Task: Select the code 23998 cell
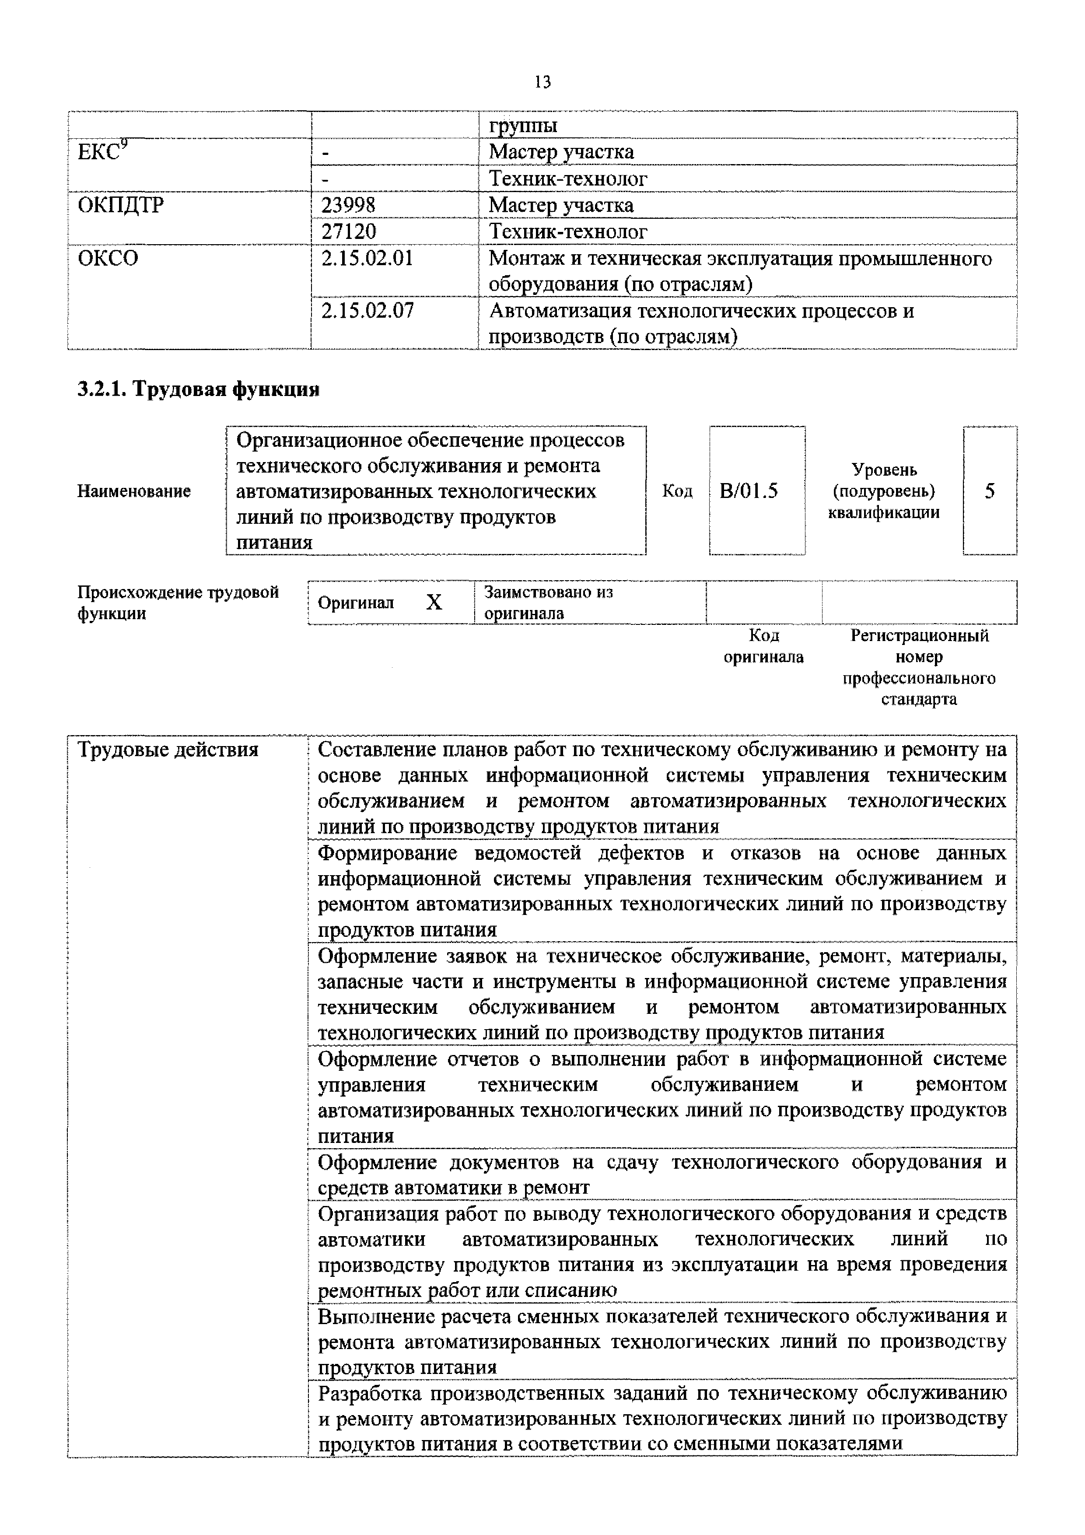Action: click(x=348, y=205)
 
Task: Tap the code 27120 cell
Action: click(x=348, y=231)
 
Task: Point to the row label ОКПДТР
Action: click(x=120, y=205)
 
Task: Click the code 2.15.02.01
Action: click(x=367, y=258)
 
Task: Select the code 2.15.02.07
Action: click(x=367, y=310)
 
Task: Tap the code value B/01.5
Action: click(x=749, y=491)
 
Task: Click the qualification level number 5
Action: click(x=989, y=491)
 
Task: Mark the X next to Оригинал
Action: click(x=434, y=603)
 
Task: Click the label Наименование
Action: click(x=134, y=491)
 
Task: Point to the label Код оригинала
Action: click(x=763, y=646)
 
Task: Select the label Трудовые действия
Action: click(x=168, y=750)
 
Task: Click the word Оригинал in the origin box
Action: click(x=356, y=603)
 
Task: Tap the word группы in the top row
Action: click(x=523, y=125)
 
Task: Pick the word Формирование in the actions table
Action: click(x=387, y=853)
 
